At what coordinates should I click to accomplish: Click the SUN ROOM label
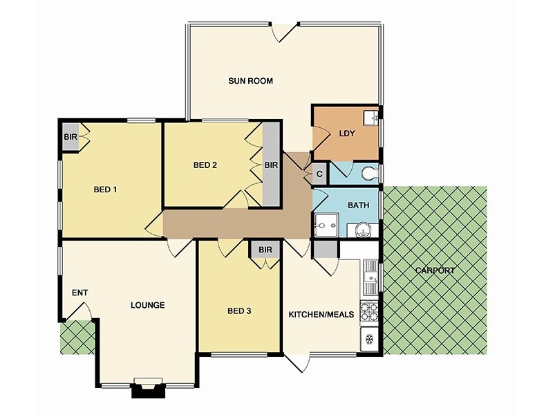click(x=250, y=81)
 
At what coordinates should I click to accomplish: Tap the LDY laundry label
click(x=346, y=134)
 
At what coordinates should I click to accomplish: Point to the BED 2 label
click(x=205, y=165)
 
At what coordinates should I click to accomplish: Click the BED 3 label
click(x=238, y=311)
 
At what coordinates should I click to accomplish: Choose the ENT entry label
click(x=79, y=293)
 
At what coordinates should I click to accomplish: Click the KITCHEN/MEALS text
click(x=321, y=314)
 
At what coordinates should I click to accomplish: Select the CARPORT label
click(x=435, y=270)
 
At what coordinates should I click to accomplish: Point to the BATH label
click(x=358, y=205)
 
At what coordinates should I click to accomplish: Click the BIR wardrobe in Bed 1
click(x=71, y=137)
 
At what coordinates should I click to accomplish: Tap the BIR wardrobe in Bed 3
click(x=265, y=250)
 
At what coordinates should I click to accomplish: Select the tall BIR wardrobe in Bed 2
click(x=271, y=165)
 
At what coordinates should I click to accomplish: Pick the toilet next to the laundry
click(x=371, y=174)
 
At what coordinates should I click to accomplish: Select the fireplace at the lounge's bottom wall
click(x=148, y=389)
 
